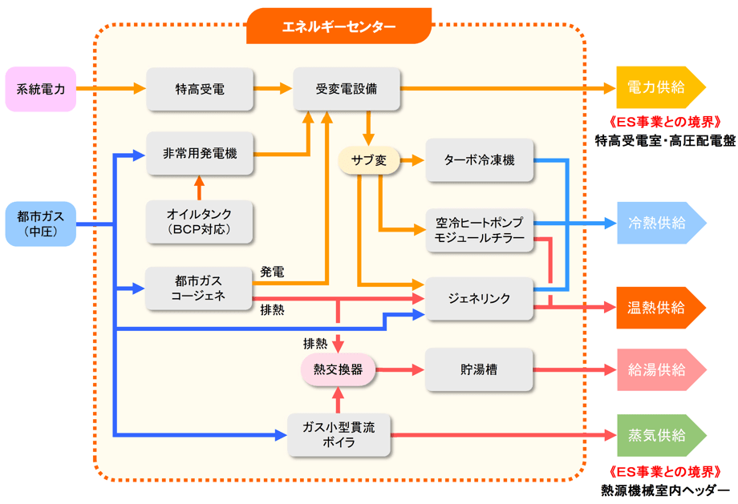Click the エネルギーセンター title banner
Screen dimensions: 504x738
pyautogui.click(x=339, y=26)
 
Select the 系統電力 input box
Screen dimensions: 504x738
pyautogui.click(x=41, y=89)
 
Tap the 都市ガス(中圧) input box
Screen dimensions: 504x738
pyautogui.click(x=41, y=224)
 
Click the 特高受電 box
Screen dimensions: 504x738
pyautogui.click(x=200, y=89)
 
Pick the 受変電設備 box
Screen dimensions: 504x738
pyautogui.click(x=347, y=89)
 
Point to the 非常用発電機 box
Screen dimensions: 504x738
pyautogui.click(x=200, y=153)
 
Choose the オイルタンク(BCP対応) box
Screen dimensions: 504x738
pyautogui.click(x=200, y=222)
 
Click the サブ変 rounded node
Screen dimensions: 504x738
pyautogui.click(x=369, y=160)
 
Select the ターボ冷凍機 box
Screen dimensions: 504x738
pyautogui.click(x=480, y=160)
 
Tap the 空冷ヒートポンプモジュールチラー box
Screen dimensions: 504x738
pyautogui.click(x=480, y=231)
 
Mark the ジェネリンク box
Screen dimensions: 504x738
pyautogui.click(x=480, y=299)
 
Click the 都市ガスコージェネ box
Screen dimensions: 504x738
pyautogui.click(x=200, y=289)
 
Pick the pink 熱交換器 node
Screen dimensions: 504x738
pyautogui.click(x=338, y=370)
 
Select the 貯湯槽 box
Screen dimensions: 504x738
pyautogui.click(x=480, y=370)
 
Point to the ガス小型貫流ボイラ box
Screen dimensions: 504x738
pyautogui.click(x=338, y=435)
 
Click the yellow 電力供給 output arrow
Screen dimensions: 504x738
pyautogui.click(x=658, y=87)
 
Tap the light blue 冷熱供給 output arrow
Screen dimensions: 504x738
pyautogui.click(x=658, y=223)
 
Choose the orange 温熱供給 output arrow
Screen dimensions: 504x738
pyautogui.click(x=658, y=308)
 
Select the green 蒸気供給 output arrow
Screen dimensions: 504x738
pyautogui.click(x=658, y=435)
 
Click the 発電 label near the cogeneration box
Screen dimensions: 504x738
pyautogui.click(x=272, y=272)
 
